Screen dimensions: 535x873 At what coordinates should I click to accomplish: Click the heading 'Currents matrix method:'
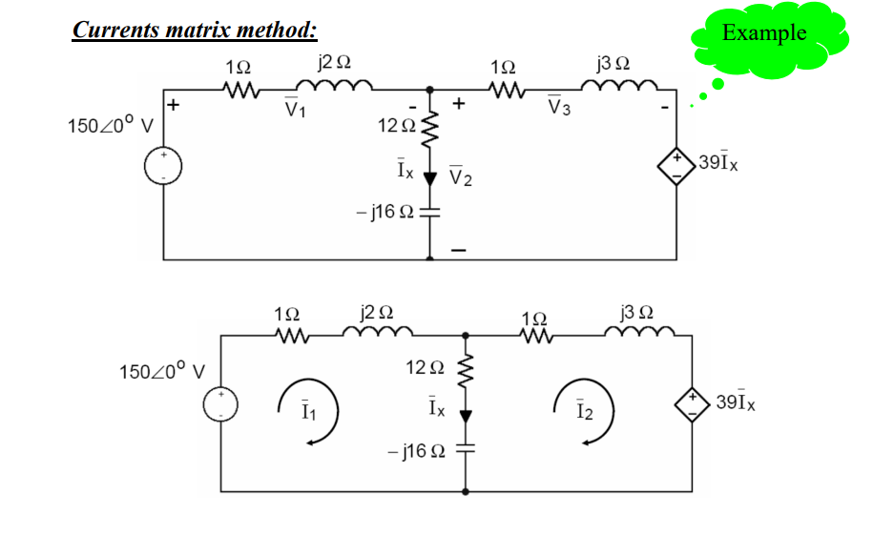(195, 30)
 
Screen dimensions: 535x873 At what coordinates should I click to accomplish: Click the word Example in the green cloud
(764, 32)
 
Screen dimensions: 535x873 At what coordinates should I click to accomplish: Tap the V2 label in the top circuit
(461, 177)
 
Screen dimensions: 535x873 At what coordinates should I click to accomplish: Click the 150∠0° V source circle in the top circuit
(163, 168)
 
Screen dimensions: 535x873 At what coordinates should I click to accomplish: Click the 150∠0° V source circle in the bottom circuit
(221, 405)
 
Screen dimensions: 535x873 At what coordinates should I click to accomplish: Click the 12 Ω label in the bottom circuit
(424, 367)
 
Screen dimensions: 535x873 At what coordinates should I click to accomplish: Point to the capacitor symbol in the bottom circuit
(466, 448)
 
